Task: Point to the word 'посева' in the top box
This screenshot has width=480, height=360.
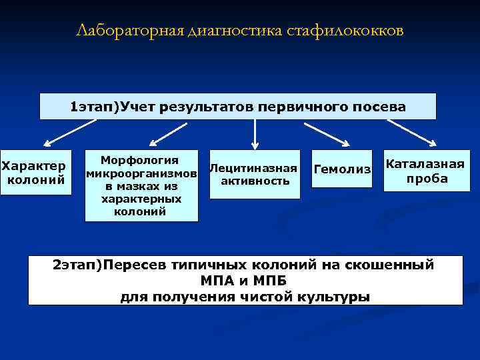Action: (381, 106)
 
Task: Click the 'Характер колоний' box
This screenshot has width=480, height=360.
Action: (35, 172)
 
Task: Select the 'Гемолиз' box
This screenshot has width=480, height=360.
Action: (342, 169)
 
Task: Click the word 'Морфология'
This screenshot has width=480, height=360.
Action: (140, 160)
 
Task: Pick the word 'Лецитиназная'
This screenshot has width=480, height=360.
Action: (253, 168)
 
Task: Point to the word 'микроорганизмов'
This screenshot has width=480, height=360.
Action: (141, 173)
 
